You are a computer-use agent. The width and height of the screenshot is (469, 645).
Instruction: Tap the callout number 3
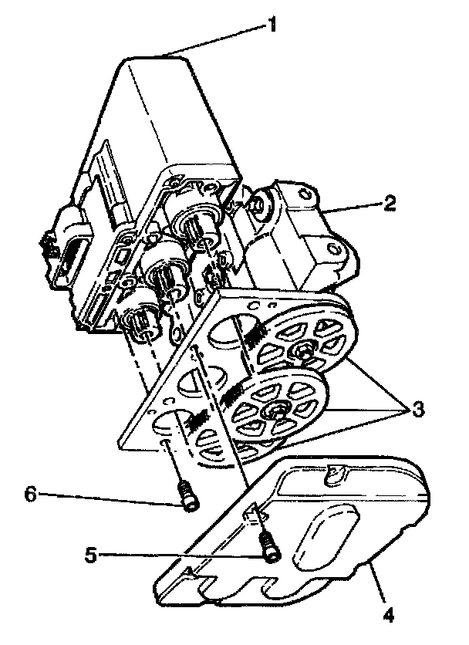pos(417,408)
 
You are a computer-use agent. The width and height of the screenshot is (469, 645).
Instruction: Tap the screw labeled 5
pos(269,549)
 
